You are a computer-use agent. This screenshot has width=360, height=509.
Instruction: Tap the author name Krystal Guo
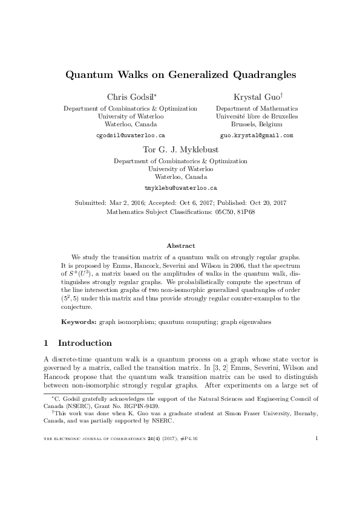255,97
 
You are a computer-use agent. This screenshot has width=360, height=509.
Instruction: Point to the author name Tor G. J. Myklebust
180,151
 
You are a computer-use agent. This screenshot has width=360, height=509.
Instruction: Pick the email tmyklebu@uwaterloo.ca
180,189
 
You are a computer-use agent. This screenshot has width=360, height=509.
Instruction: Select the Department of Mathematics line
257,108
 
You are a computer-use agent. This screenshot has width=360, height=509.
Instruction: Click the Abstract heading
180,246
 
